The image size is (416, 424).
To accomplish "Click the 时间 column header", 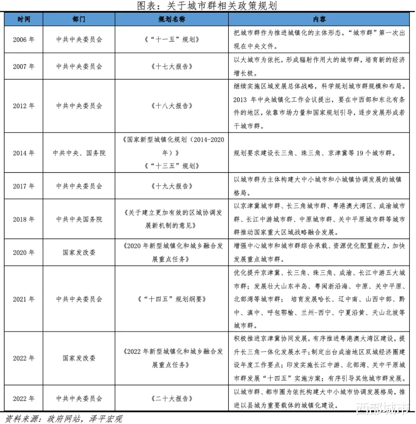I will click(x=23, y=19).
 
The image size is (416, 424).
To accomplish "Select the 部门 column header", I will click(x=79, y=19).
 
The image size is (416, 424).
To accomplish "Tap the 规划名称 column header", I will click(x=171, y=19).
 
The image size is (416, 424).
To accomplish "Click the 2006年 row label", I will click(x=23, y=40).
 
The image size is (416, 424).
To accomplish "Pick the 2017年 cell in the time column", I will click(x=23, y=186).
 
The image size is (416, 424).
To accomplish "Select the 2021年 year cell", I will click(x=23, y=299).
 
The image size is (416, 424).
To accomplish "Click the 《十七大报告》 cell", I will click(x=171, y=66).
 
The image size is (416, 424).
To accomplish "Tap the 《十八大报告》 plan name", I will click(x=171, y=106).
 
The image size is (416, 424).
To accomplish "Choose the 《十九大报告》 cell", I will click(x=171, y=186).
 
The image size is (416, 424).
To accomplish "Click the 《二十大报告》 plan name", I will click(x=171, y=399).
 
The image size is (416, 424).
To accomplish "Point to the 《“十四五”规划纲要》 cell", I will click(x=171, y=299).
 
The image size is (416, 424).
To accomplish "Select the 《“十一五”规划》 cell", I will click(x=171, y=40).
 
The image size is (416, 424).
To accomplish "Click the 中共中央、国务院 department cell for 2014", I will click(x=79, y=153).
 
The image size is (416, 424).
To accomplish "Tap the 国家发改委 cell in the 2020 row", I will click(x=79, y=252).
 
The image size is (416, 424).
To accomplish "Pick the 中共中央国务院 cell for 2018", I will click(x=79, y=219).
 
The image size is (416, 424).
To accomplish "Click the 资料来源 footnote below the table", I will click(x=64, y=418).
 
